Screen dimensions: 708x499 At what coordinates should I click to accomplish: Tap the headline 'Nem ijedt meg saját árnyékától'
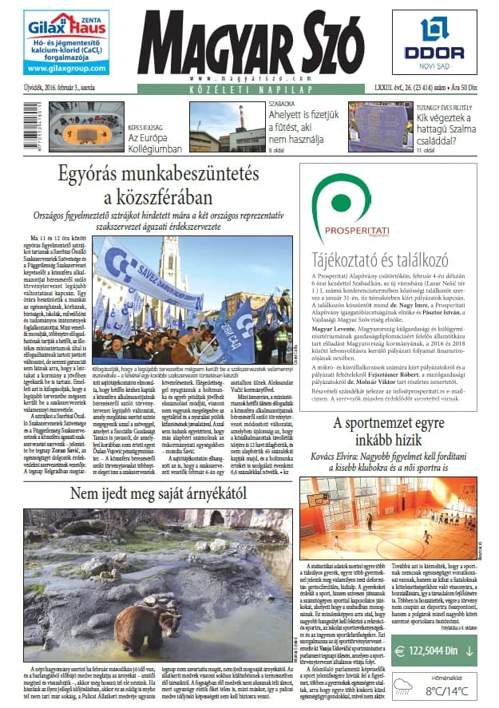coord(148,469)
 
